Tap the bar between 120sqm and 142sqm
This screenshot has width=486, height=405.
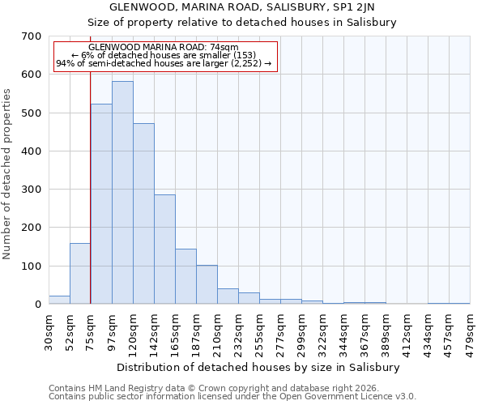143,214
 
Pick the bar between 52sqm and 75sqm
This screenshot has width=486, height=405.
80,274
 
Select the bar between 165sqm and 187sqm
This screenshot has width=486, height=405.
185,276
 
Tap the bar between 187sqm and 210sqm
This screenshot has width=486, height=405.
207,284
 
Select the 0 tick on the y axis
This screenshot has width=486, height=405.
37,305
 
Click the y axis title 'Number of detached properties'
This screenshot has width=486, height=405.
7,174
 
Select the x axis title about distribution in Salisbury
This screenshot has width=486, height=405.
259,367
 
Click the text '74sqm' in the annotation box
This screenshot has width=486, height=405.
224,48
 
